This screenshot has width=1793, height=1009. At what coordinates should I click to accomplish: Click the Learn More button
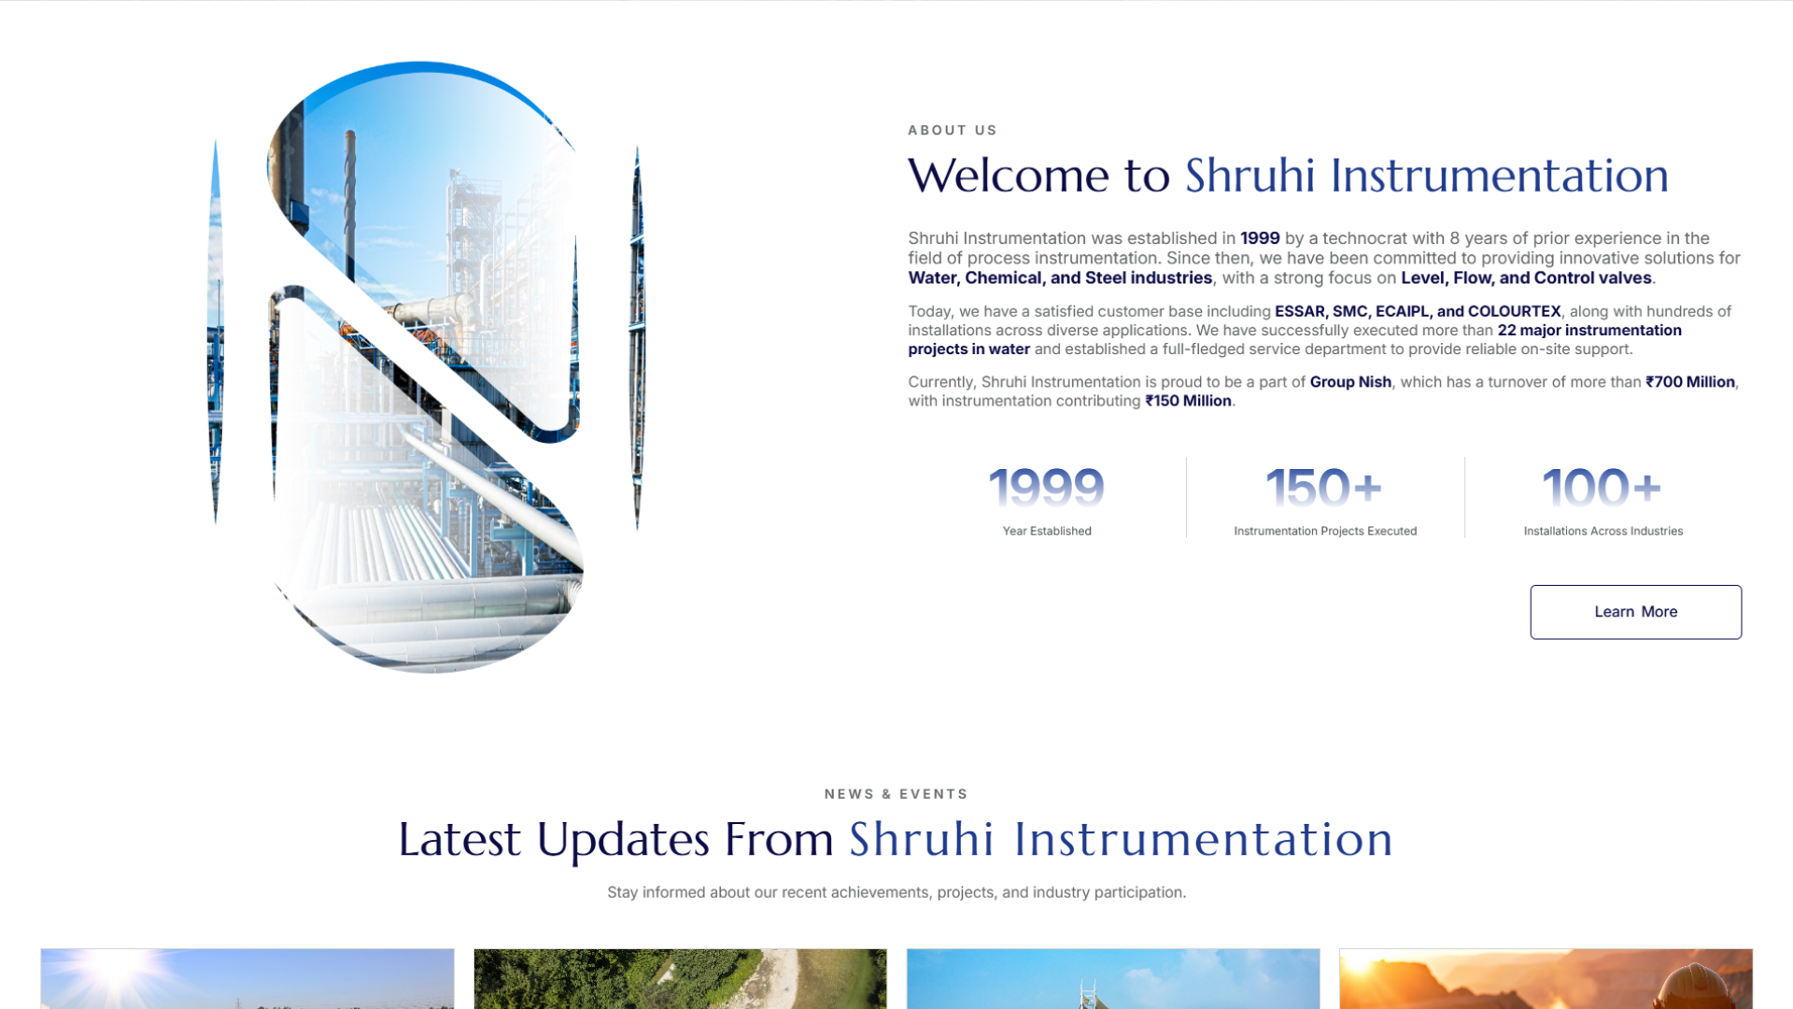coord(1635,612)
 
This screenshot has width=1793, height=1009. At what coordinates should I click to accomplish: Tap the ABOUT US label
coord(952,130)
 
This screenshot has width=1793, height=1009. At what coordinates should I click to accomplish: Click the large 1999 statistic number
coord(1046,488)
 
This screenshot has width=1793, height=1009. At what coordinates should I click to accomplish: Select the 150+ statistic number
coord(1323,488)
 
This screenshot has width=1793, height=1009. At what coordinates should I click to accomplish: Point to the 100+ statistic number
coord(1602,488)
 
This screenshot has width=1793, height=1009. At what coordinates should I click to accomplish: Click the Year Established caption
coord(1046,531)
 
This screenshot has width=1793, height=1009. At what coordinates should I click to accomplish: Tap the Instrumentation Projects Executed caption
coord(1324,531)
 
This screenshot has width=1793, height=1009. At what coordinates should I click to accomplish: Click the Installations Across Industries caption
coord(1602,531)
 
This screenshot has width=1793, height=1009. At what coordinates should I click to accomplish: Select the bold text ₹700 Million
coord(1689,381)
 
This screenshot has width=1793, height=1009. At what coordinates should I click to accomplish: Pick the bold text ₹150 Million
coord(1188,401)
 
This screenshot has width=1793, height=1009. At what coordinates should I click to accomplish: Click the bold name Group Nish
coord(1349,381)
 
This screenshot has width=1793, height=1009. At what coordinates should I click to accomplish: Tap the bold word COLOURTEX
coord(1514,311)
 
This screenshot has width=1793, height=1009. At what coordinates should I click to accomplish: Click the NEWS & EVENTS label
coord(896,794)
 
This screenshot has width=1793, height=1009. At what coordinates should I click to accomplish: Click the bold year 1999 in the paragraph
coord(1259,238)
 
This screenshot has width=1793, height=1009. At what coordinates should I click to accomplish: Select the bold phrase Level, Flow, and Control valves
coord(1526,277)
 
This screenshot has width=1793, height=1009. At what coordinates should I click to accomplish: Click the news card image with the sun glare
coord(247,978)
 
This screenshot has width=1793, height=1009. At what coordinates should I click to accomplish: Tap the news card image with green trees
coord(680,978)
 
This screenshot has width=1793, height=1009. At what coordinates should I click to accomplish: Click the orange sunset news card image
coord(1546,978)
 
